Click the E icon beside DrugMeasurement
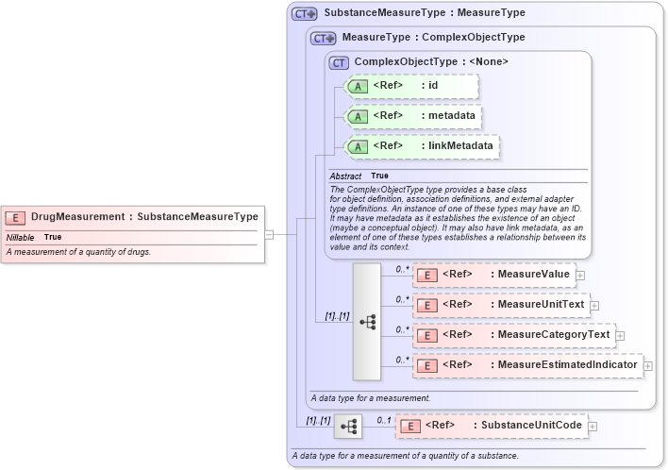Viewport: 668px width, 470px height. tap(15, 217)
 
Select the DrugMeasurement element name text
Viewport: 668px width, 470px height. tap(77, 217)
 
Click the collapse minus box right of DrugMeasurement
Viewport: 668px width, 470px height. tap(269, 234)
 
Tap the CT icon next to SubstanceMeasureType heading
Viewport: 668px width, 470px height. tap(305, 14)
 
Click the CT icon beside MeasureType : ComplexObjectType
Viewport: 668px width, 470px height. tap(324, 38)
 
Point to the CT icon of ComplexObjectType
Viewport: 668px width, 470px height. tap(339, 62)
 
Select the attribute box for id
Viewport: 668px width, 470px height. tap(412, 87)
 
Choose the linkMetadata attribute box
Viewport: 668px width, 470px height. tap(422, 146)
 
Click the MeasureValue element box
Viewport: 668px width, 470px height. tap(493, 275)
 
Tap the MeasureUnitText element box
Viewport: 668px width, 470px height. tap(500, 305)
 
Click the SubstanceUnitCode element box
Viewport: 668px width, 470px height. tap(491, 426)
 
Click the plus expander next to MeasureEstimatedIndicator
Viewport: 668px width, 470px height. tap(648, 365)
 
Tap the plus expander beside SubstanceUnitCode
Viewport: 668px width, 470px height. tap(592, 427)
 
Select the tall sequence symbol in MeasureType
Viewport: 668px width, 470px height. tap(367, 322)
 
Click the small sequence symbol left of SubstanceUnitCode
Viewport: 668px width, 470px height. tap(347, 427)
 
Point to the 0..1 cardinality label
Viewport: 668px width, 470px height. tap(384, 418)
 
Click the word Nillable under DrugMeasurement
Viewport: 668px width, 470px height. tap(20, 237)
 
